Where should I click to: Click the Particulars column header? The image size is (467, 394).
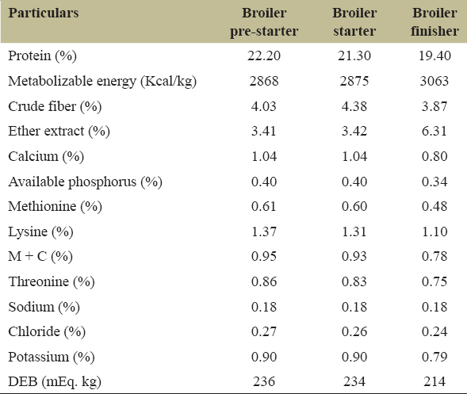[x=44, y=13]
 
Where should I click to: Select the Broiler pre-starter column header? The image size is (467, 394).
[x=264, y=22]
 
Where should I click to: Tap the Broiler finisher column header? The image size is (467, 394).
[x=434, y=22]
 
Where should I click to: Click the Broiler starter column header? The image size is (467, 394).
[x=354, y=22]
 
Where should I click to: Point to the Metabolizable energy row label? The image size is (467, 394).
[x=102, y=81]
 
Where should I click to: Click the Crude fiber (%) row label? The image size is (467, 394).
[x=55, y=106]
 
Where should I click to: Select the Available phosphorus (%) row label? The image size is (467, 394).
[x=85, y=182]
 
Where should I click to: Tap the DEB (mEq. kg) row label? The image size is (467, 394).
[x=55, y=382]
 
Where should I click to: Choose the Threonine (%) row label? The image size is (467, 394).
[x=52, y=281]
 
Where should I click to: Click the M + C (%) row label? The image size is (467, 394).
[x=40, y=256]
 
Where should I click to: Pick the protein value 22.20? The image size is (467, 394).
[x=264, y=55]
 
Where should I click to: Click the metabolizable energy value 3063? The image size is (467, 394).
[x=434, y=81]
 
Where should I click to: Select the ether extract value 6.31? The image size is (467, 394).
[x=434, y=131]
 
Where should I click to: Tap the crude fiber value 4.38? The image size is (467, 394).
[x=354, y=106]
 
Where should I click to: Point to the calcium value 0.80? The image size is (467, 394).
[x=434, y=156]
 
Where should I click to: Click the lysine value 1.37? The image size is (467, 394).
[x=264, y=231]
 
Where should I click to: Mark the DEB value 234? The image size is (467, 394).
[x=354, y=382]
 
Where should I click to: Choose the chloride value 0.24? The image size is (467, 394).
[x=434, y=331]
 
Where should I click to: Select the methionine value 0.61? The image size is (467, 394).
[x=263, y=206]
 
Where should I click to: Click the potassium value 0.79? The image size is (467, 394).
[x=434, y=357]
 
